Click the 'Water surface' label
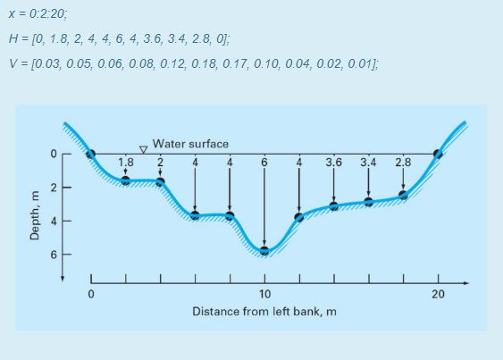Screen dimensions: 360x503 point(190,143)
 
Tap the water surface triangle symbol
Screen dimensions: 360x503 point(142,150)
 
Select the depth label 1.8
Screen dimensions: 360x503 point(126,163)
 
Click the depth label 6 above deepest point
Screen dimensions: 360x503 point(264,163)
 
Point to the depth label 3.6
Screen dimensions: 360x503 point(333,163)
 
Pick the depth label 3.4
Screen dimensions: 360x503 point(368,163)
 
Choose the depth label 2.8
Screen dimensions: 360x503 point(403,163)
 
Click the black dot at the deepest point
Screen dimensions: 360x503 point(264,250)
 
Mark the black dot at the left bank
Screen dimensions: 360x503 point(90,154)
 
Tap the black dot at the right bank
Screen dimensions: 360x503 point(437,154)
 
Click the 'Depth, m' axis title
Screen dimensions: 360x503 point(36,215)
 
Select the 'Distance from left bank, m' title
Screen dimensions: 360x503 point(264,312)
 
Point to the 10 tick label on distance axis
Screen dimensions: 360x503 point(264,294)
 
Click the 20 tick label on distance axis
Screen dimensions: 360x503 point(438,294)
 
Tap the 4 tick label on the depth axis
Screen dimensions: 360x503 point(54,221)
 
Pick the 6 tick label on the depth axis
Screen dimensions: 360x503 point(54,255)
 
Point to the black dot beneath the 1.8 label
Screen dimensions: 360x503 point(126,180)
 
